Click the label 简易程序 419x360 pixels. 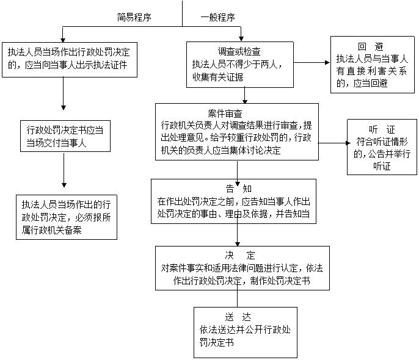(x=134, y=17)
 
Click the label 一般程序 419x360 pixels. (x=218, y=17)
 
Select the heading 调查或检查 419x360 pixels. (x=239, y=51)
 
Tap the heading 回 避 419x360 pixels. (x=371, y=46)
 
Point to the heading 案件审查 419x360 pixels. (x=225, y=113)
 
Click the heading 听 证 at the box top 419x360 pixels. (x=382, y=130)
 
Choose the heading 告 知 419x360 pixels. (x=239, y=189)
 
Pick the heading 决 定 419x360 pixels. (x=240, y=256)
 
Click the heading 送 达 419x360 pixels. (x=238, y=317)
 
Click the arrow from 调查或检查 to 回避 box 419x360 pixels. (x=312, y=63)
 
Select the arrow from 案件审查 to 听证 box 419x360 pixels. (x=334, y=143)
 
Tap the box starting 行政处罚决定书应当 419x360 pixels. (x=65, y=136)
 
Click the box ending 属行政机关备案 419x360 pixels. (x=67, y=217)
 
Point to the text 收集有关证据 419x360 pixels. (x=218, y=77)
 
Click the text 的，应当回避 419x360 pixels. (x=362, y=84)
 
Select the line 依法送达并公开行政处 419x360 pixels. (x=245, y=330)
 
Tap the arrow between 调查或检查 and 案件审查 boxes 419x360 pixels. (x=244, y=96)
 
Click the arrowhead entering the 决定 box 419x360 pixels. (x=237, y=244)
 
